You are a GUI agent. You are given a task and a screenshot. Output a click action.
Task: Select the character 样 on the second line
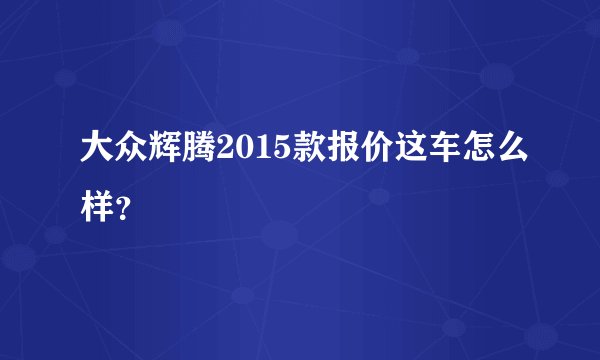click(97, 192)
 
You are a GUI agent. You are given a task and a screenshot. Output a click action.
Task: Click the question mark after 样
click(122, 196)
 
